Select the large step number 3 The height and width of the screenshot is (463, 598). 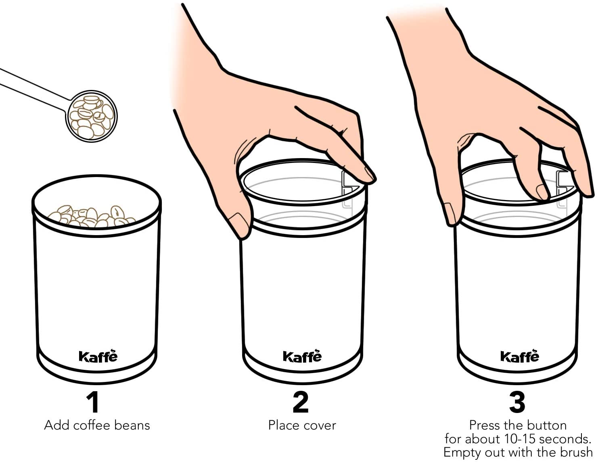coord(517,403)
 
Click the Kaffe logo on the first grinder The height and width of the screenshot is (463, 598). coord(98,356)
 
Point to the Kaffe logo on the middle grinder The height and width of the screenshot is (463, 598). coord(302,356)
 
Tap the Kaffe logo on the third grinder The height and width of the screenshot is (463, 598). coord(520,356)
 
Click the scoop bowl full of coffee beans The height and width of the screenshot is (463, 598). coord(91,116)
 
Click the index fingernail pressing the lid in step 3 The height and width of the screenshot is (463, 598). coord(542,192)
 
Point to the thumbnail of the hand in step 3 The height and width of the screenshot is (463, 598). coord(450,213)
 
